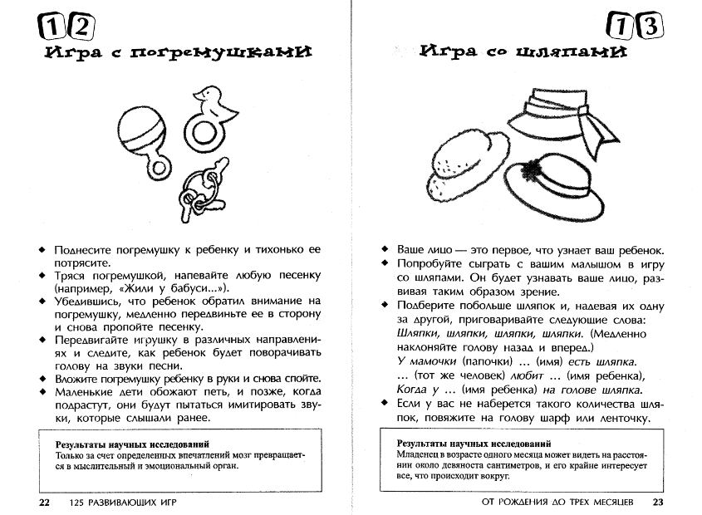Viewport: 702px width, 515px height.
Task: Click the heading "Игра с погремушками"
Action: click(x=171, y=53)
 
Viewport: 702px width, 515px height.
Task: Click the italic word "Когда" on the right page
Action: click(x=413, y=390)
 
